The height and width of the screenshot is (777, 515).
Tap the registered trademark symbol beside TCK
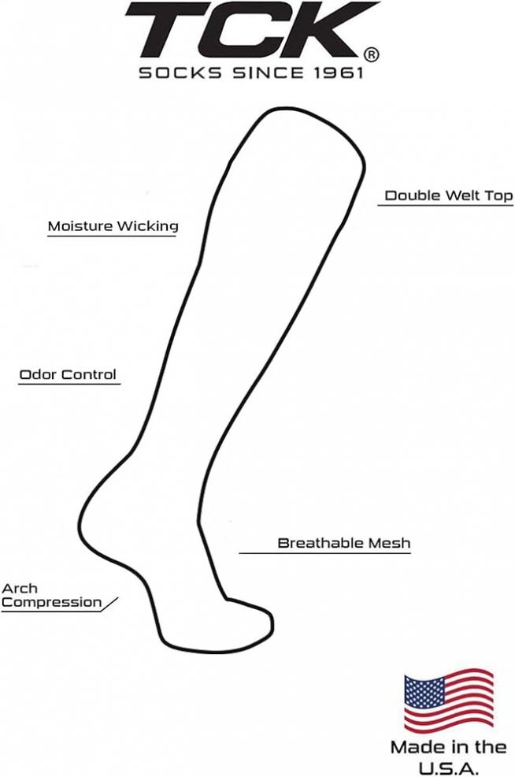tap(372, 54)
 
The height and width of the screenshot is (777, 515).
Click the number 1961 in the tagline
tap(339, 72)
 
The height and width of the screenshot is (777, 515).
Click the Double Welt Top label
tap(449, 195)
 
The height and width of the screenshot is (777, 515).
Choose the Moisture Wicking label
tap(113, 226)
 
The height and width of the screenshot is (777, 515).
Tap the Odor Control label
tap(68, 374)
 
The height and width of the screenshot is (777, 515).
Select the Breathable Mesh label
tap(344, 543)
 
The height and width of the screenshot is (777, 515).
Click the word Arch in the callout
tap(20, 588)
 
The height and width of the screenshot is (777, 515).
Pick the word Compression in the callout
tap(51, 603)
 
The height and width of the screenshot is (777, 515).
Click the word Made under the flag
tap(414, 747)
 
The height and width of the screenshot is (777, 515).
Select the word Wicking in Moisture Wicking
tap(147, 226)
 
